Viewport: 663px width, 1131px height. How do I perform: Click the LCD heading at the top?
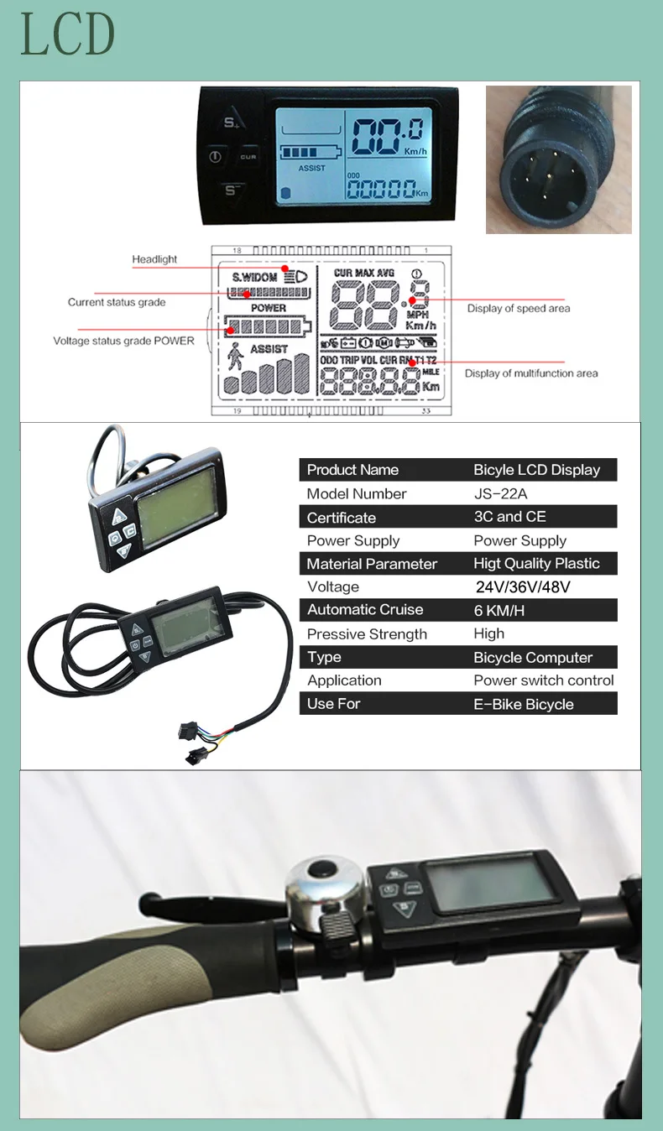68,35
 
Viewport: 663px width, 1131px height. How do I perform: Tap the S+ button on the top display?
231,122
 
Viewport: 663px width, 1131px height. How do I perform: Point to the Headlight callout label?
154,259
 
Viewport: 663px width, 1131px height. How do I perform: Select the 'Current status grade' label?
117,302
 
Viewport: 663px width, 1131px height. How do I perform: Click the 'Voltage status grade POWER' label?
123,341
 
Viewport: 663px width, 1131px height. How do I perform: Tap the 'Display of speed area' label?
519,309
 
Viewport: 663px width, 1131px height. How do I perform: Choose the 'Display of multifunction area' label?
531,373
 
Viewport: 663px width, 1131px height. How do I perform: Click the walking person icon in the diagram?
235,358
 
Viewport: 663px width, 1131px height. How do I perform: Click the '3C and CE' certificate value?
510,517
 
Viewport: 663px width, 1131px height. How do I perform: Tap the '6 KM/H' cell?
499,611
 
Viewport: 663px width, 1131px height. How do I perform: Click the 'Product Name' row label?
352,470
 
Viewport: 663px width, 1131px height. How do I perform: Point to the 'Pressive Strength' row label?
367,634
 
